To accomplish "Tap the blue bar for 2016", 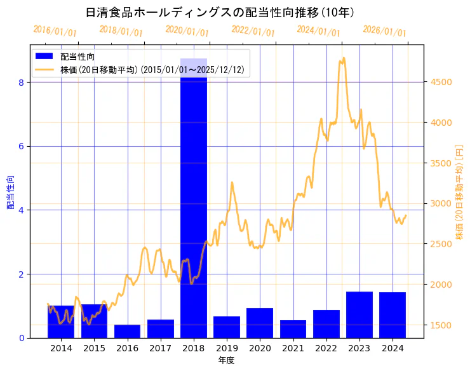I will pyautogui.click(x=127, y=331).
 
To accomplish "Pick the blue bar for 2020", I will pyautogui.click(x=260, y=323).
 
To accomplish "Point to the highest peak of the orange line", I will pyautogui.click(x=344, y=58).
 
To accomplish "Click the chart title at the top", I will pyautogui.click(x=220, y=13).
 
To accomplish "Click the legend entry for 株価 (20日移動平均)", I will pyautogui.click(x=152, y=70).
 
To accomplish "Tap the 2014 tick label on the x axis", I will pyautogui.click(x=61, y=348).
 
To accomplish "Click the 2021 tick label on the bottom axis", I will pyautogui.click(x=293, y=348).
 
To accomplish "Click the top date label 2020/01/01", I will pyautogui.click(x=187, y=31).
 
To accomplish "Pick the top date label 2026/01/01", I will pyautogui.click(x=384, y=31).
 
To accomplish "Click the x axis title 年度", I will pyautogui.click(x=227, y=360).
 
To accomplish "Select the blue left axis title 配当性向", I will pyautogui.click(x=10, y=192).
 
